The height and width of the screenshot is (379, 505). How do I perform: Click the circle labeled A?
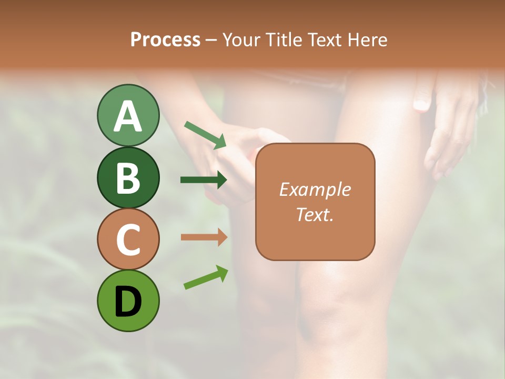128,115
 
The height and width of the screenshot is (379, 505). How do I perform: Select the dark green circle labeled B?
128,177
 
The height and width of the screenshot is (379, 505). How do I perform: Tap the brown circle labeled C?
128,239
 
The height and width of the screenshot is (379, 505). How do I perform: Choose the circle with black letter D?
128,301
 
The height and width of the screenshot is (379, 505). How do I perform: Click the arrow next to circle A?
205,134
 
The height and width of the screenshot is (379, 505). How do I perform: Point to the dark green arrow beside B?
204,180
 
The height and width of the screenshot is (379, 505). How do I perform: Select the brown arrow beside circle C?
204,237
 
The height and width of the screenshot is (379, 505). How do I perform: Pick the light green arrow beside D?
206,277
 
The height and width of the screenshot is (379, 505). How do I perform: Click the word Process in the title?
165,40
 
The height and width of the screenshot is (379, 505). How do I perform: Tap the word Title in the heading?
285,40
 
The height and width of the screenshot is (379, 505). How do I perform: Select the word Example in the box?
315,189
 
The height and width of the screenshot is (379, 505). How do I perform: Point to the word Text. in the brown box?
315,214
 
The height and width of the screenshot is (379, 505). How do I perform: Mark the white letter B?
128,177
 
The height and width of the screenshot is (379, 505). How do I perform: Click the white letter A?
128,116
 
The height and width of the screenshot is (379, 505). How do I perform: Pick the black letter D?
128,301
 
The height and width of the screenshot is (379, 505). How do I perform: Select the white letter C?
128,240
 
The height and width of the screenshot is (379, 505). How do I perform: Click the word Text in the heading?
326,40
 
